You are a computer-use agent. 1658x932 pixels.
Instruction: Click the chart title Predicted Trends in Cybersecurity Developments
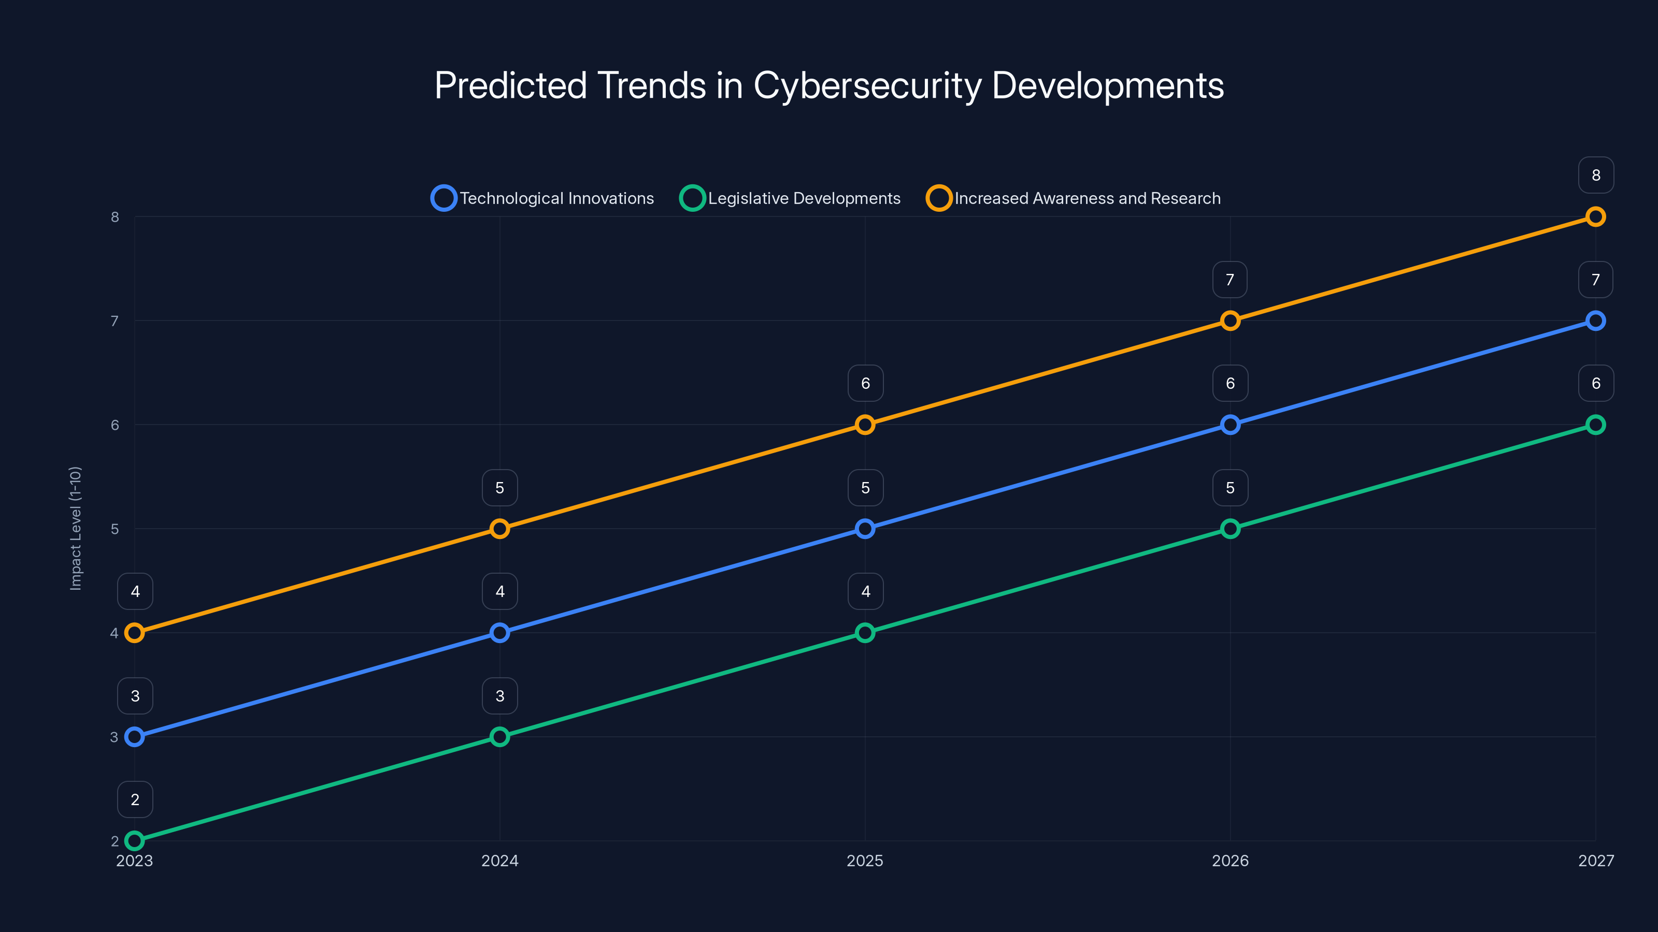(x=829, y=85)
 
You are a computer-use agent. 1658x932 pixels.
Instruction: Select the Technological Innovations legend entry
(x=542, y=198)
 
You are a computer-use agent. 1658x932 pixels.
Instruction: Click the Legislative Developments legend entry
(x=790, y=198)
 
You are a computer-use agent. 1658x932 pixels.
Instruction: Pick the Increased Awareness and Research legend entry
(x=1074, y=198)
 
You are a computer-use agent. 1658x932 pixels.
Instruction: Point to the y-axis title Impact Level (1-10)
(x=75, y=528)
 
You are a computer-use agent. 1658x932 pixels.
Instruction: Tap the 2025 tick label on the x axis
(x=864, y=861)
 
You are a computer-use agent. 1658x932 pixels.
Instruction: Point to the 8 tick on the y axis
(x=115, y=217)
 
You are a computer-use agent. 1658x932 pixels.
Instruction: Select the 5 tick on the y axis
(x=115, y=529)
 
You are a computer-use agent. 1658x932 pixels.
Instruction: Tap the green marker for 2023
(x=135, y=841)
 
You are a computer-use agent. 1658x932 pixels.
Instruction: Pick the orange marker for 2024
(x=499, y=529)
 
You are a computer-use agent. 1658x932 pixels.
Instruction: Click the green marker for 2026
(x=1230, y=529)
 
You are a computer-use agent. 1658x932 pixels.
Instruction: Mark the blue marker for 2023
(x=135, y=736)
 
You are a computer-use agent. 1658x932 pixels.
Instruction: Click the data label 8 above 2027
(x=1596, y=175)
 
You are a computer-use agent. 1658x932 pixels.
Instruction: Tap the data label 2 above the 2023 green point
(x=135, y=799)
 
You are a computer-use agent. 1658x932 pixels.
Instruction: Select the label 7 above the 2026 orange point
(x=1230, y=280)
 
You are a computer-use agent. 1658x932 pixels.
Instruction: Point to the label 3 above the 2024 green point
(x=499, y=696)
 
